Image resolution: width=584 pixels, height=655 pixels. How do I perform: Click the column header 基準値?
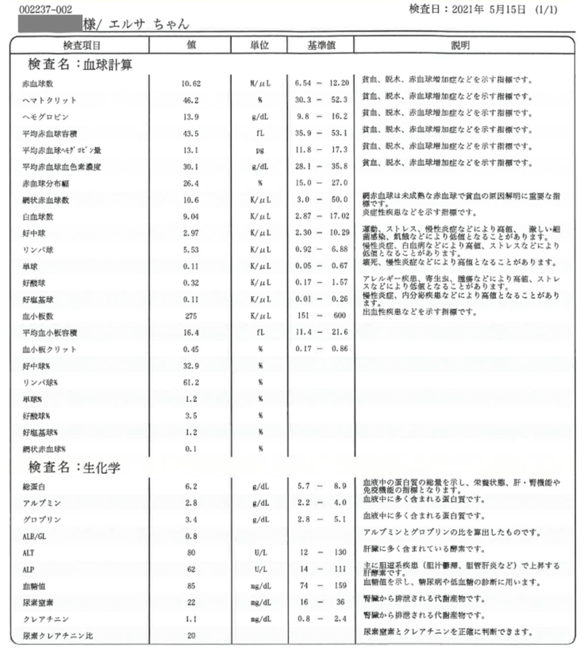[x=321, y=45]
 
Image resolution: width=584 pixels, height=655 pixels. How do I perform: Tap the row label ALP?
[x=29, y=569]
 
